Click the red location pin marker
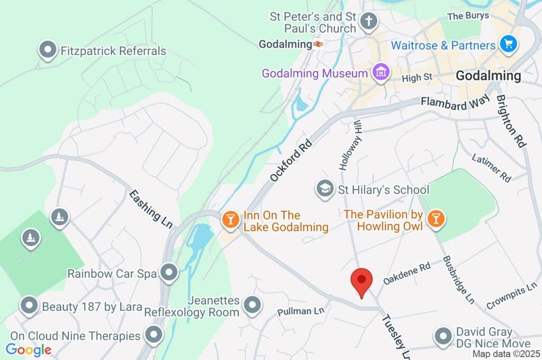pos(362,281)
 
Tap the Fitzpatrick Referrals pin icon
pos(48,50)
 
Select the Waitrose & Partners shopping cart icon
pos(509,44)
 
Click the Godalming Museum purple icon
pos(380,73)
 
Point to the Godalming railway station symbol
pos(318,44)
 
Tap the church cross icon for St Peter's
pos(368,22)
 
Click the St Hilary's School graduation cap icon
pos(324,188)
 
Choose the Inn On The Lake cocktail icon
pos(230,219)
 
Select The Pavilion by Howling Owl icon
pos(435,219)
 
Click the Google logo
pos(29,349)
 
